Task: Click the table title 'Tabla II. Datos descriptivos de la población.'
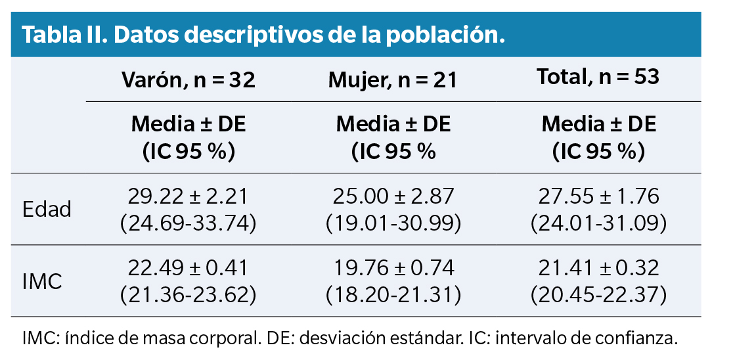263,35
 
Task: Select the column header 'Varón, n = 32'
189,80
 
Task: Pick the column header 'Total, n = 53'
598,78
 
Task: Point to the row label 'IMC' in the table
43,281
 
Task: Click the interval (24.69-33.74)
189,223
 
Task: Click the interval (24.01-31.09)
598,223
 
